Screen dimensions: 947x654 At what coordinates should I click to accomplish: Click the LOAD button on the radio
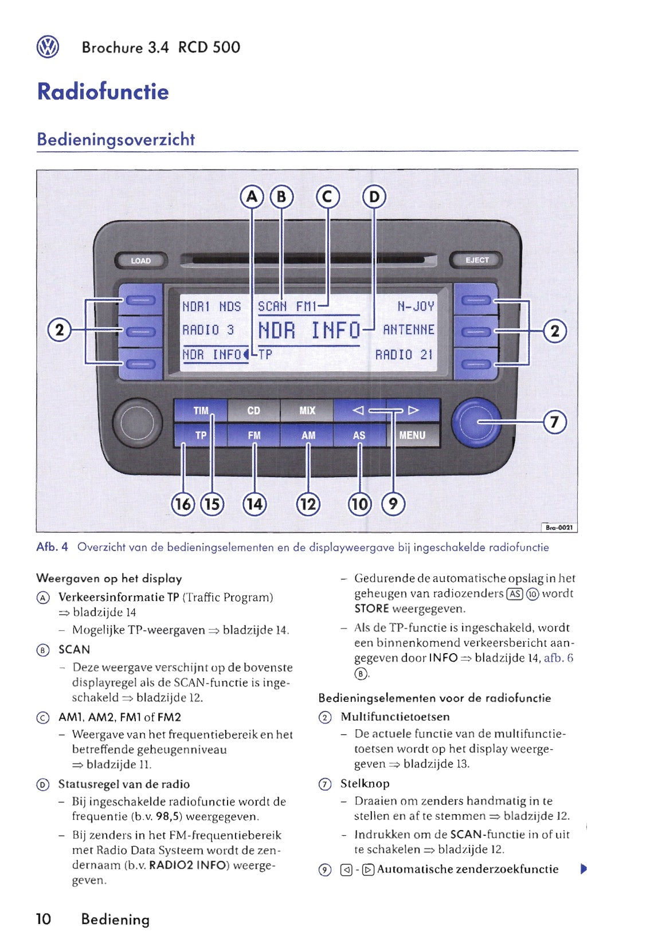(140, 261)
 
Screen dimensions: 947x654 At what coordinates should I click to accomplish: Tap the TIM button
(201, 411)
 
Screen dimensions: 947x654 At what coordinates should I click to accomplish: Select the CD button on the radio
(253, 411)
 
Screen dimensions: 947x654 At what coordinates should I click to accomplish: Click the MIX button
(307, 411)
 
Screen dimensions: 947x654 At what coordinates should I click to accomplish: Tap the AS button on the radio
(359, 435)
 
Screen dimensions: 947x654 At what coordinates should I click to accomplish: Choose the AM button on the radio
(308, 435)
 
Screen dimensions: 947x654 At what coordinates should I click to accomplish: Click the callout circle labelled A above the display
(251, 197)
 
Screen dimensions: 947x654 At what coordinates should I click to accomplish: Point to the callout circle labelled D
(374, 197)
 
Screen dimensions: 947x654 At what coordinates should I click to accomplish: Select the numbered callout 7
(554, 422)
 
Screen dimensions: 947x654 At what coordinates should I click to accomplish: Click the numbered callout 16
(183, 504)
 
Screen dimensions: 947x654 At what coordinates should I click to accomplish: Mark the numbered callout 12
(308, 504)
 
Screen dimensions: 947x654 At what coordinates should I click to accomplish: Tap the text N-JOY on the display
(416, 307)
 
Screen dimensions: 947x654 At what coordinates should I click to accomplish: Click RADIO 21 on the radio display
(404, 355)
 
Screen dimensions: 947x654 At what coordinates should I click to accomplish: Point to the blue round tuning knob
(476, 423)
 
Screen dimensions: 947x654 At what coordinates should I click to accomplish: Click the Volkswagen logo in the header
(48, 47)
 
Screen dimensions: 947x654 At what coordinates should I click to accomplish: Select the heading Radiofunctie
(103, 92)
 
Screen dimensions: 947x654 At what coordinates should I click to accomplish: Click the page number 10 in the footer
(44, 920)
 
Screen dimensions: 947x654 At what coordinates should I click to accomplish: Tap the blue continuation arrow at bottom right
(583, 869)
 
